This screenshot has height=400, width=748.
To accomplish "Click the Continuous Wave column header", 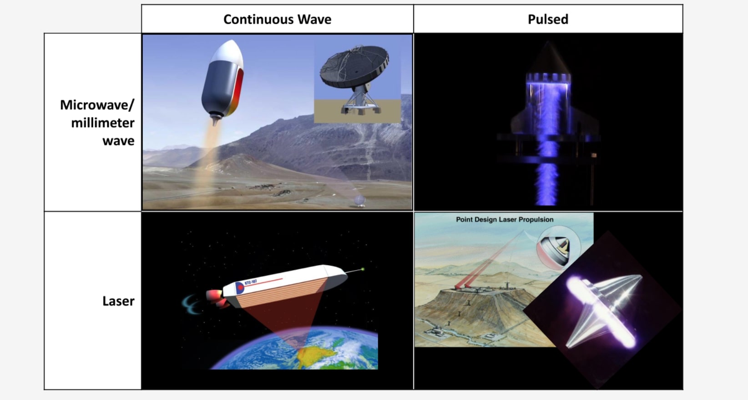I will (277, 19).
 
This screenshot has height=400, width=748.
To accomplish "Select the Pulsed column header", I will (548, 19).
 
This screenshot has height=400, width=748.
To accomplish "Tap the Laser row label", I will (118, 301).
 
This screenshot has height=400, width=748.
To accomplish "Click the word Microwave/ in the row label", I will (97, 105).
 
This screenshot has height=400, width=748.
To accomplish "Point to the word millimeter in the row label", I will (103, 123).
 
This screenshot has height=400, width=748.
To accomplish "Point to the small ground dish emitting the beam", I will (359, 201).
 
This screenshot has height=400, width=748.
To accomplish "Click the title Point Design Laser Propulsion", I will (505, 220).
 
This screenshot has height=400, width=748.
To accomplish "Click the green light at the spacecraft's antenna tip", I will (363, 269).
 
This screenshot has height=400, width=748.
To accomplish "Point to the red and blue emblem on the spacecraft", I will (240, 288).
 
